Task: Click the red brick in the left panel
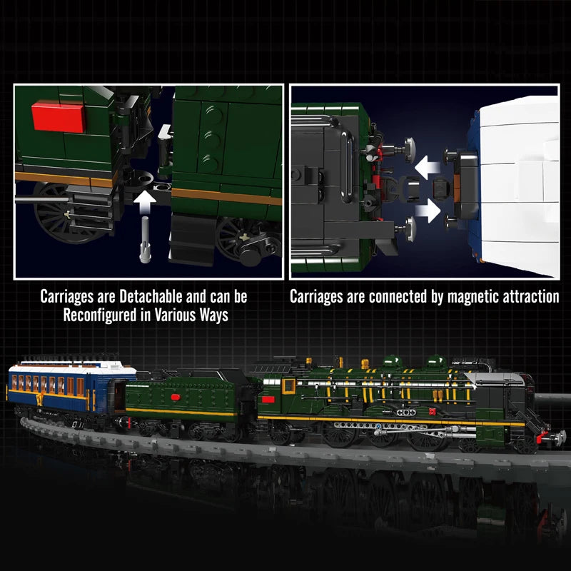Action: (x=59, y=115)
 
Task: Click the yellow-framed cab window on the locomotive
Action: (x=288, y=386)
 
